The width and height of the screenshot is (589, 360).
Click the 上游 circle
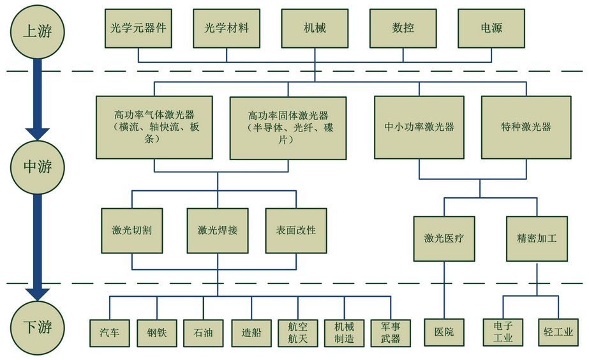tap(37, 31)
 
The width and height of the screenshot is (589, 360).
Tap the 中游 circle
tap(37, 167)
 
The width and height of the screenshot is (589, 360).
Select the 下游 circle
tap(37, 327)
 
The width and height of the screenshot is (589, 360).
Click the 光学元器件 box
tap(138, 29)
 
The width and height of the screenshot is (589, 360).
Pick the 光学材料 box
tap(227, 29)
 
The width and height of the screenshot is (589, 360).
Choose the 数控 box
tap(403, 29)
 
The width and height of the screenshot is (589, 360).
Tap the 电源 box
tap(491, 29)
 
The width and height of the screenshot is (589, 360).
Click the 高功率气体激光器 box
tap(154, 128)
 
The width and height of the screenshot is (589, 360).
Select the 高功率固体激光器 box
tap(288, 128)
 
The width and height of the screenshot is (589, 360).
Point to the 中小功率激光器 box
tap(419, 128)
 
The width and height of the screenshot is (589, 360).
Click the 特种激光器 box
tap(526, 128)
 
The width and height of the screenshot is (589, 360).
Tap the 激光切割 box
tap(132, 230)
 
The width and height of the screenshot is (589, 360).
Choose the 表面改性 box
tap(296, 230)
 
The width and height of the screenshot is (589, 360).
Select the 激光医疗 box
tap(444, 239)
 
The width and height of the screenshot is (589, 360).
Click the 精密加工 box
tap(537, 239)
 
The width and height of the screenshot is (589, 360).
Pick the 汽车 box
tap(110, 333)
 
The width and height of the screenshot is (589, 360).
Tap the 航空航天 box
tap(298, 333)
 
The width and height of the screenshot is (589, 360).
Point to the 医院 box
tap(444, 332)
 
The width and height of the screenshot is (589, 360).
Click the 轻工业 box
tap(558, 332)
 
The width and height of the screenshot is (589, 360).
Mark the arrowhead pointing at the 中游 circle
tap(37, 135)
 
